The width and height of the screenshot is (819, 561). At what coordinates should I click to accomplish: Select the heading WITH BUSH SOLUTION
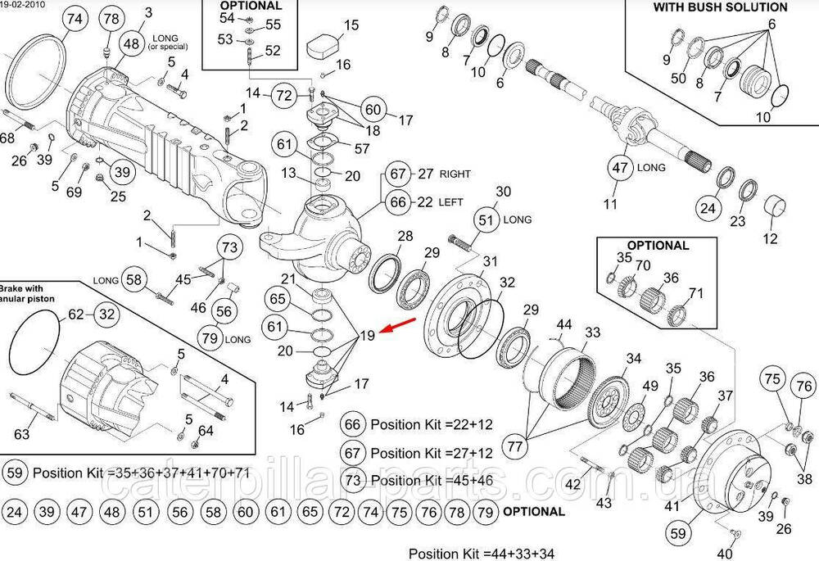(x=720, y=7)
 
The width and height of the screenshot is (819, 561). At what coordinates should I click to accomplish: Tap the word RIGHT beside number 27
(x=455, y=174)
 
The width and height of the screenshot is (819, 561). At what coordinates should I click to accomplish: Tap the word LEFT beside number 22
(x=451, y=201)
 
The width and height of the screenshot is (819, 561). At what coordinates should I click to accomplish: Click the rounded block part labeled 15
(x=324, y=44)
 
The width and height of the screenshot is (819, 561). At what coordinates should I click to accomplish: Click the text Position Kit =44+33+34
(x=481, y=554)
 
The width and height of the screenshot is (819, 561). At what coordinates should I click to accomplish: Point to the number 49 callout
(x=650, y=387)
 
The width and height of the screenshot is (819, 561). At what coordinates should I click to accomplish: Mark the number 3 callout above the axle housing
(x=148, y=12)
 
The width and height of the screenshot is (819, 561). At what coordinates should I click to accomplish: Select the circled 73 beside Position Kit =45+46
(x=353, y=479)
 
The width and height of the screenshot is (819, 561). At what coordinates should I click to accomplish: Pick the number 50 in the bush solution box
(x=677, y=79)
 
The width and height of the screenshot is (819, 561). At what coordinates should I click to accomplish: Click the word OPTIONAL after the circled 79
(x=533, y=512)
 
